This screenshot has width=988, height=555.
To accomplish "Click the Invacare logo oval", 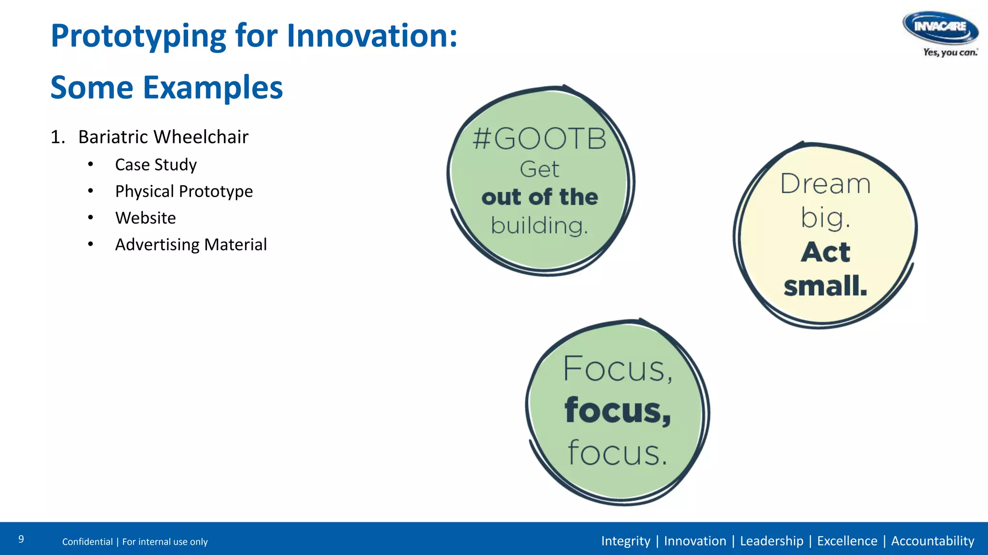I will coord(940,27).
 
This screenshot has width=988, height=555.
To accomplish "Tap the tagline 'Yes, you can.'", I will coord(950,52).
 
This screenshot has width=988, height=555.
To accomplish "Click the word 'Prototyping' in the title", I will coord(138,37).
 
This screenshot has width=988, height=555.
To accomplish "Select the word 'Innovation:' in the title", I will coord(372,36).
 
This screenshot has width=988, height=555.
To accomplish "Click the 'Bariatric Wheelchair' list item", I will coord(163,137).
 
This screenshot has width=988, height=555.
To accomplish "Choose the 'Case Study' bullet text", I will coord(156,165).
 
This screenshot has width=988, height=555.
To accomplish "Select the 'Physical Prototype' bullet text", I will coord(184,191).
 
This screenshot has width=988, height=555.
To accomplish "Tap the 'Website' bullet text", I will coord(145,218).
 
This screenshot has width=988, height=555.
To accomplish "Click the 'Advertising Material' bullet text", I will coord(191,245).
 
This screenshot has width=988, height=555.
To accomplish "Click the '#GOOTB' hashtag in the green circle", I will coord(539,139).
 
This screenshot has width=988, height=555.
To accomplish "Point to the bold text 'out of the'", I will coord(539,197).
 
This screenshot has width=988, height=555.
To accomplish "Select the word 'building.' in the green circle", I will coord(539,225).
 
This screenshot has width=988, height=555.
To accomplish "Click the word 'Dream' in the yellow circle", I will coord(825,184).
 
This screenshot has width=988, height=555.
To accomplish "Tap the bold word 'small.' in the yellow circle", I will coord(825,286).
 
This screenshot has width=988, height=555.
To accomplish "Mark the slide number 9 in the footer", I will coord(21,539).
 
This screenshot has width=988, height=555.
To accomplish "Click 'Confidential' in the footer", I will coord(87,542).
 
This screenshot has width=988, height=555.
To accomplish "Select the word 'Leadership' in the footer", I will coord(771,541).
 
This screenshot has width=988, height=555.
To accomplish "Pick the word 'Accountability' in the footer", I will coord(932,541).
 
